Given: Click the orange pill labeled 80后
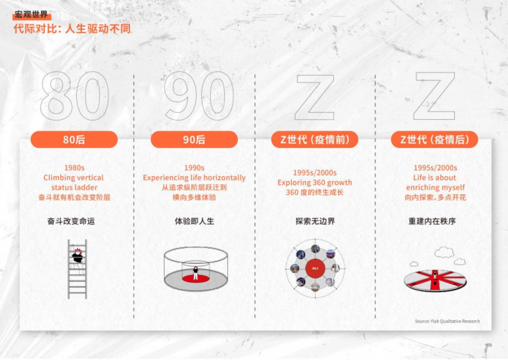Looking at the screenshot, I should (74, 139).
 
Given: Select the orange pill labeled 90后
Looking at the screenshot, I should (194, 139).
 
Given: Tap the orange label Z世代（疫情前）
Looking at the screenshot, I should (315, 139).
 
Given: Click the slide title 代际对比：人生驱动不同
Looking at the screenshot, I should (72, 29).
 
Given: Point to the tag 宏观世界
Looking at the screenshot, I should (31, 16).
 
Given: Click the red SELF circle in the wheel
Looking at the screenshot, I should (315, 269).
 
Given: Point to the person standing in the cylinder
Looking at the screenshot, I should (196, 273).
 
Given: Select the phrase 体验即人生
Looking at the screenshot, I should (194, 221).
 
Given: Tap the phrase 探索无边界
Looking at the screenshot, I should (315, 221).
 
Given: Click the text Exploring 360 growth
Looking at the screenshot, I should (315, 183).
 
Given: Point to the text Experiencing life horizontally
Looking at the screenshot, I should (194, 177).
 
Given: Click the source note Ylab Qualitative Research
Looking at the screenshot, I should (447, 321).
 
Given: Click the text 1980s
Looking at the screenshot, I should (74, 168).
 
